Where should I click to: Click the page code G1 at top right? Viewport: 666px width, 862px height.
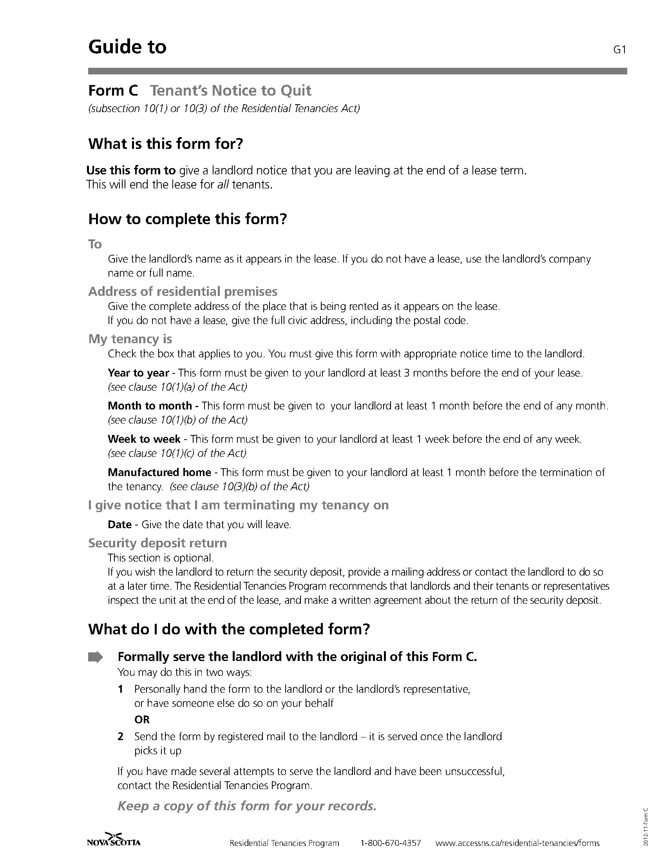click(x=620, y=50)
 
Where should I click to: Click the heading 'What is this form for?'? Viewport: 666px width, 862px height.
click(x=165, y=144)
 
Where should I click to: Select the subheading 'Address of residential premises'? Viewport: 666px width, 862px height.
click(x=183, y=292)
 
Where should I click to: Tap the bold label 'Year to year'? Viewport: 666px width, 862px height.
click(x=138, y=373)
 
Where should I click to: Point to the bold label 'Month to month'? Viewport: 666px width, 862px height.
click(x=150, y=406)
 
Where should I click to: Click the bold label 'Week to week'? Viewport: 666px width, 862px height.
click(x=144, y=439)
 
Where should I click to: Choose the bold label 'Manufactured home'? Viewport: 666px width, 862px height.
click(x=159, y=472)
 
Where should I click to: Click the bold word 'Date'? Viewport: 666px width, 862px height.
click(x=119, y=525)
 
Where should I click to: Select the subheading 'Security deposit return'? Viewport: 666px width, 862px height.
click(x=157, y=543)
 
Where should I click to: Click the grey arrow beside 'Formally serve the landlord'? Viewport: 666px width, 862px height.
click(x=95, y=657)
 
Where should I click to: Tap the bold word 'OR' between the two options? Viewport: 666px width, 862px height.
click(x=142, y=719)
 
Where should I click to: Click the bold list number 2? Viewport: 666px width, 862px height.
click(x=121, y=737)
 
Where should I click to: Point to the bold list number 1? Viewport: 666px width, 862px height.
click(x=121, y=689)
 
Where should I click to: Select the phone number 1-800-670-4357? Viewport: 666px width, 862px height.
click(x=391, y=843)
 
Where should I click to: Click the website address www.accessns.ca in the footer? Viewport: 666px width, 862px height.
click(x=517, y=843)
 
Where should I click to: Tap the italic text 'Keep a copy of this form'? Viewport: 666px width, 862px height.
click(x=247, y=806)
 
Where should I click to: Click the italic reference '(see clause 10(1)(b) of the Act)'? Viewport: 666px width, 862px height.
click(x=177, y=420)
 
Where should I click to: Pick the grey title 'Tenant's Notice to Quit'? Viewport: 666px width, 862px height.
click(x=231, y=91)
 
